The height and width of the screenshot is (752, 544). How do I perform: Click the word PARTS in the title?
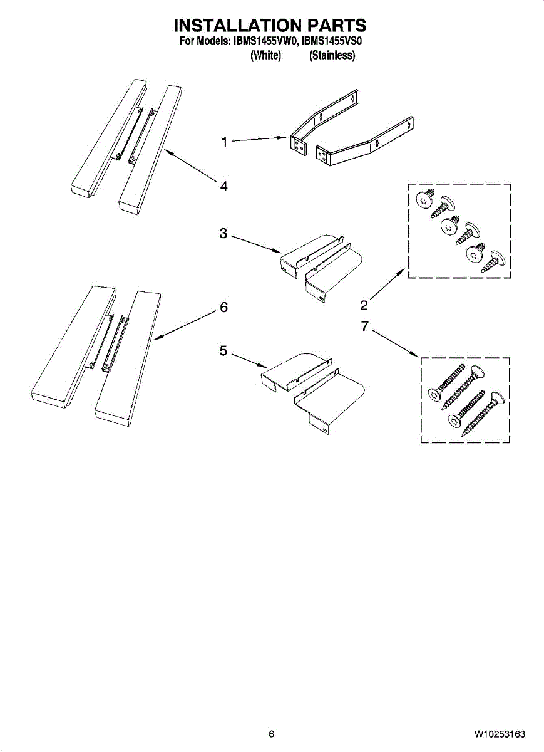click(337, 26)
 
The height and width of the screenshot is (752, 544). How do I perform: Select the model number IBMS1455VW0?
click(264, 42)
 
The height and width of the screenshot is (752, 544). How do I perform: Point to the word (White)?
click(266, 56)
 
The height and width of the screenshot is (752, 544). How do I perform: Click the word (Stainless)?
click(332, 56)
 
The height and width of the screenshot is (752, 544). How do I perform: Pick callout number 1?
click(224, 142)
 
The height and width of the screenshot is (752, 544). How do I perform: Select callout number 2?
click(364, 306)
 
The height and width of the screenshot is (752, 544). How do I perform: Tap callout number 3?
click(223, 234)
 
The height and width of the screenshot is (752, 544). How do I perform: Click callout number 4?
click(223, 185)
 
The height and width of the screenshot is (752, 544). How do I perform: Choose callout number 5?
click(223, 352)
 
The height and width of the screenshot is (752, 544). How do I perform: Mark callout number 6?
click(223, 308)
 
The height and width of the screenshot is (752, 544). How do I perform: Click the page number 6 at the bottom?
click(271, 734)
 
